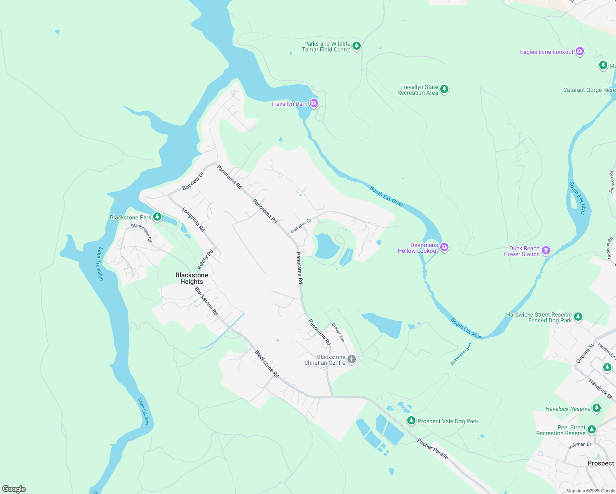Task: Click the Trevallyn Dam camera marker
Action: point(314,103)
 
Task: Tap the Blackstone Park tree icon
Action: point(157,217)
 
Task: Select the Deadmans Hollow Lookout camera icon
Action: point(444,247)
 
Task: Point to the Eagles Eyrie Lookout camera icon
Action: point(580,51)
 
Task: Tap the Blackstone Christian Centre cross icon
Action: point(352,359)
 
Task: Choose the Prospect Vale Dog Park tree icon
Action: point(411,420)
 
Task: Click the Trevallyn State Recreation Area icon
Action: point(444,89)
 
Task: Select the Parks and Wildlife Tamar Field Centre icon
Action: point(357,46)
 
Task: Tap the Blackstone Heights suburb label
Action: point(192,278)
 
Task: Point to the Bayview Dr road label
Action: point(193,181)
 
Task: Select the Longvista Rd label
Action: point(194,220)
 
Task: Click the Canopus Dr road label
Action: point(301,226)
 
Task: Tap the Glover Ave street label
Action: point(338,333)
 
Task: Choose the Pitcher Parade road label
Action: point(432,449)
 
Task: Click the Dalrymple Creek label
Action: point(461,353)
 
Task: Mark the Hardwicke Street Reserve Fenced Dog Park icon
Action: point(578,317)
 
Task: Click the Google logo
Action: point(14,489)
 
